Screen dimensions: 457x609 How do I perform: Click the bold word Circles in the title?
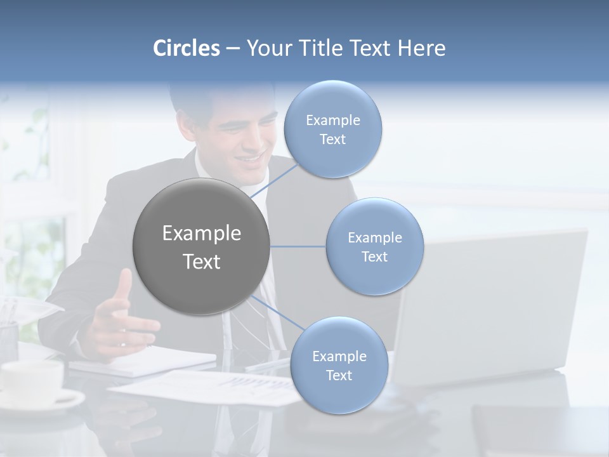pyautogui.click(x=187, y=48)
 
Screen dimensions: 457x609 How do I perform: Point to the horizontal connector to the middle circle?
pyautogui.click(x=298, y=246)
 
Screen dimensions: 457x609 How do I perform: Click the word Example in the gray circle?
pyautogui.click(x=201, y=233)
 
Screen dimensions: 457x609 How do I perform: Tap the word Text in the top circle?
pyautogui.click(x=332, y=140)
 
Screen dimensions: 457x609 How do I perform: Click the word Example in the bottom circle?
pyautogui.click(x=339, y=356)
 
